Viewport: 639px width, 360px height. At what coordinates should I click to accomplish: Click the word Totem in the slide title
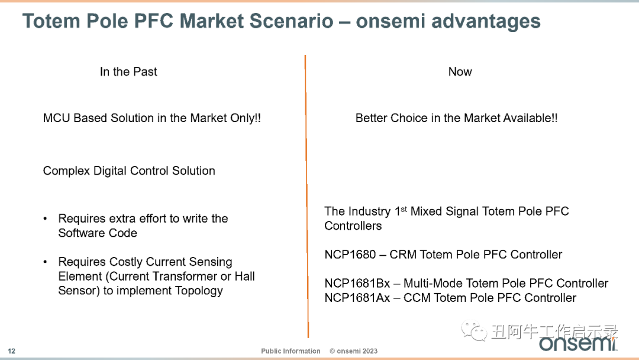(x=51, y=21)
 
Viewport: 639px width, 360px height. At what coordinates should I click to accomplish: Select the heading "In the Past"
(x=128, y=72)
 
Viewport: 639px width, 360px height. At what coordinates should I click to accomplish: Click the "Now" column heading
(x=460, y=72)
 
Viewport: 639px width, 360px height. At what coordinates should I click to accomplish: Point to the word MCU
(x=57, y=118)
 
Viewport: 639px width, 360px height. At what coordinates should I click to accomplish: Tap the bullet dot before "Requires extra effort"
(x=45, y=219)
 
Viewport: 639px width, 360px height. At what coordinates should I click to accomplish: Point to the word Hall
(x=244, y=277)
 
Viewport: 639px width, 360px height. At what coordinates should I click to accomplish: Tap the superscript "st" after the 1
(x=404, y=209)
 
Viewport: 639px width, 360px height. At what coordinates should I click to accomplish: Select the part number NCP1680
(x=350, y=255)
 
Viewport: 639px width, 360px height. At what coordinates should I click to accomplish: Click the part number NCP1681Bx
(x=357, y=284)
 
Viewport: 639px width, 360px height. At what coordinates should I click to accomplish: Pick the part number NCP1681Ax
(x=357, y=298)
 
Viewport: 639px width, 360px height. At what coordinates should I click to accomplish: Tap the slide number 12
(x=11, y=351)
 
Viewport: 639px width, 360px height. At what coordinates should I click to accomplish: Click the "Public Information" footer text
(x=291, y=351)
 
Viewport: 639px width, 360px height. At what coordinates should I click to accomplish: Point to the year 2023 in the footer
(x=370, y=351)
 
